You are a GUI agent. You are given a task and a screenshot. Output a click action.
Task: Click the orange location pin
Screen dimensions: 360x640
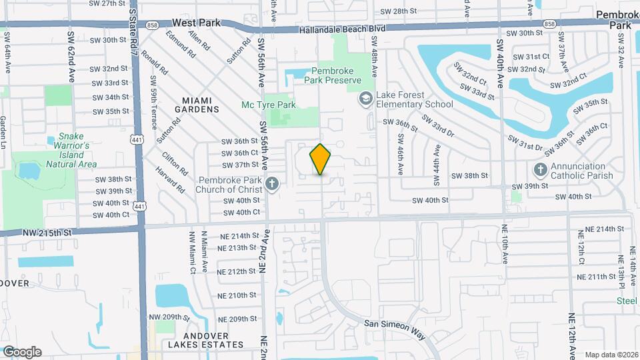tap(321, 159)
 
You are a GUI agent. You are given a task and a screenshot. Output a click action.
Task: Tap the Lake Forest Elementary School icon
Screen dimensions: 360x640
tap(365, 99)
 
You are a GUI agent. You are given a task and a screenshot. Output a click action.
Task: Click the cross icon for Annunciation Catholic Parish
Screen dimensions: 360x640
tap(540, 171)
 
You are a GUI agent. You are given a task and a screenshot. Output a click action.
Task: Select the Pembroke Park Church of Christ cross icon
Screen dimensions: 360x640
tap(271, 184)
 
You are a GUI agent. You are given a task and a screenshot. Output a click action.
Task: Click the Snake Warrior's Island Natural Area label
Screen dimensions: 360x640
tap(73, 150)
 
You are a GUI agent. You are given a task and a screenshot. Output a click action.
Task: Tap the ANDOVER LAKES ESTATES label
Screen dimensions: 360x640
tap(205, 345)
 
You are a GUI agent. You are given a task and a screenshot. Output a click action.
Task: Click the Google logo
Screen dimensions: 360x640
tap(22, 351)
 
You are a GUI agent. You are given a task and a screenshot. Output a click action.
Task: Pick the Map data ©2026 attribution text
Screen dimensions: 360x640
tap(611, 355)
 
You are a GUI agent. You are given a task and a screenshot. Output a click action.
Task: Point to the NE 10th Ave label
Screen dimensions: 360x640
tap(505, 247)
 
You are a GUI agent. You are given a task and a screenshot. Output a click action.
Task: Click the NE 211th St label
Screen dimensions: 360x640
tap(601, 276)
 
